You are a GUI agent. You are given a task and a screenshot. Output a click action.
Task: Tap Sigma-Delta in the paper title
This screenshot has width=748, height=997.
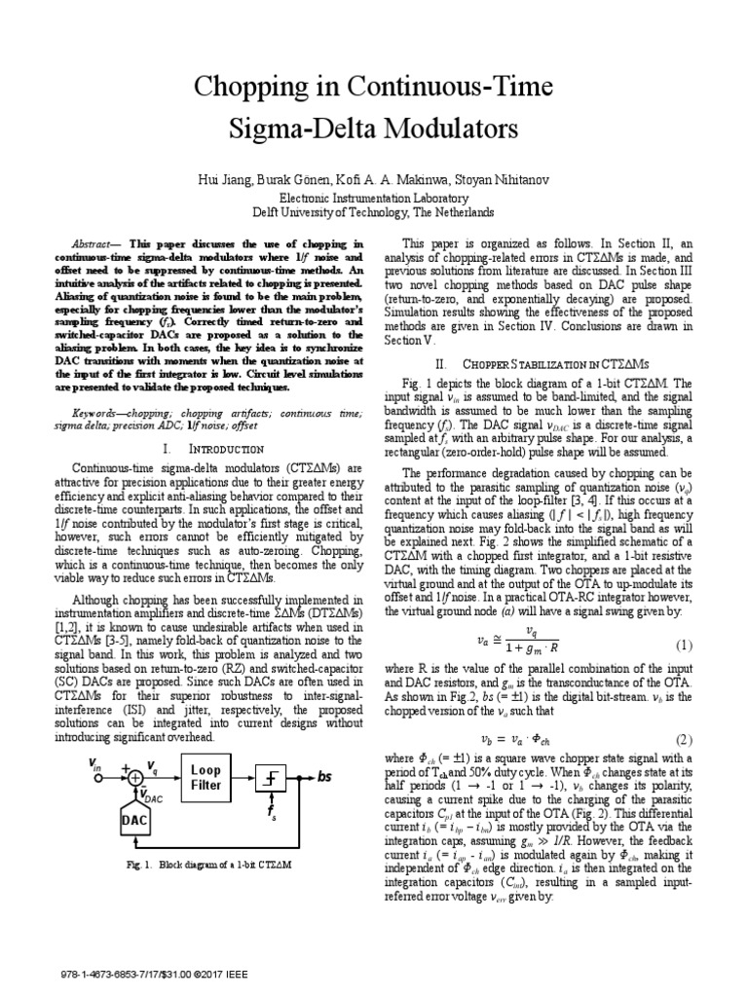click(x=300, y=128)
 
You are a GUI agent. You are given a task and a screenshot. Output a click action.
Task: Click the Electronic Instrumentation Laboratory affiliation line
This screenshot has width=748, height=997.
click(x=374, y=196)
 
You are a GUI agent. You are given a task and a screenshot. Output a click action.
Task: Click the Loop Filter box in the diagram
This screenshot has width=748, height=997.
click(x=206, y=777)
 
